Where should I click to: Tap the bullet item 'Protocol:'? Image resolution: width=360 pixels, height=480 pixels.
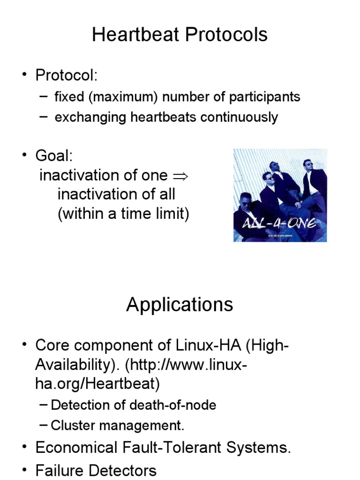(66, 75)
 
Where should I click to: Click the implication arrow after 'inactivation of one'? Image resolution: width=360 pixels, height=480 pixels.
(180, 176)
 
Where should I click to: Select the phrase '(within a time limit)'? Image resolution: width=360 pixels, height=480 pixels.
(123, 214)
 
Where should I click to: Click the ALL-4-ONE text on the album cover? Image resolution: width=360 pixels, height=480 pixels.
(280, 224)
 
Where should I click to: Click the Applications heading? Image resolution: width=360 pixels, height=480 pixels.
(180, 305)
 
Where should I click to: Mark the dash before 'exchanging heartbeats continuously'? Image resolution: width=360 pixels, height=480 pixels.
(43, 117)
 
